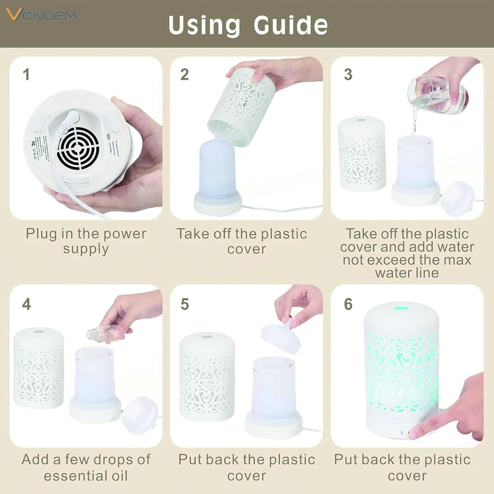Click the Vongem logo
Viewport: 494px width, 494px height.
pos(41,15)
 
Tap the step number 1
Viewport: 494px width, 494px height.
pos(26,75)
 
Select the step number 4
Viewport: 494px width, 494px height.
pos(26,304)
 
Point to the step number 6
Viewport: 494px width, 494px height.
pos(348,304)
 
